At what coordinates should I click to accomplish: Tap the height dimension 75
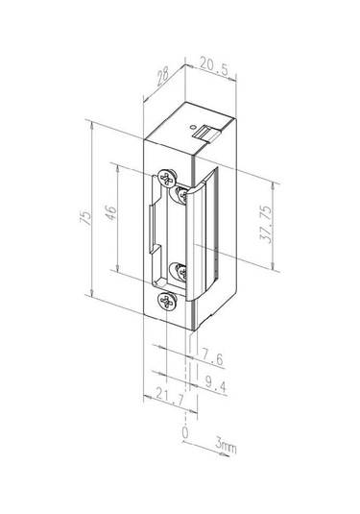[86, 218]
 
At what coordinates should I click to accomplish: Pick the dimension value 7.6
[213, 358]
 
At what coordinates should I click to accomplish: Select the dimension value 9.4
[215, 385]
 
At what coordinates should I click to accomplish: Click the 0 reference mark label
[184, 434]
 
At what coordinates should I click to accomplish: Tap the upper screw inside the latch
[180, 194]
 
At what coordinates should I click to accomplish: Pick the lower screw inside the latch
[180, 273]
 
